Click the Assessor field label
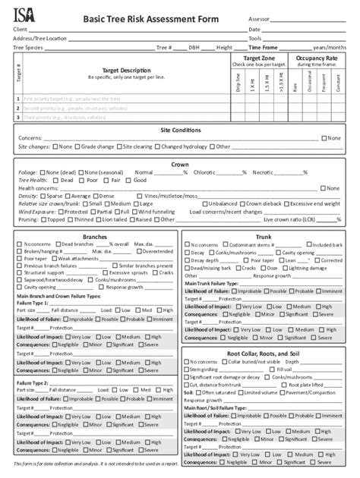tap(260, 18)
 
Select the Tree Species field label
tap(29, 47)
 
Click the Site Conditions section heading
tap(180, 130)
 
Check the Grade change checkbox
tap(78, 146)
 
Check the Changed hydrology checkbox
tap(158, 146)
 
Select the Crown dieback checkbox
tap(242, 203)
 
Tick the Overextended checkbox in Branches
tap(140, 251)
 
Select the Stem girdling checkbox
tap(188, 370)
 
